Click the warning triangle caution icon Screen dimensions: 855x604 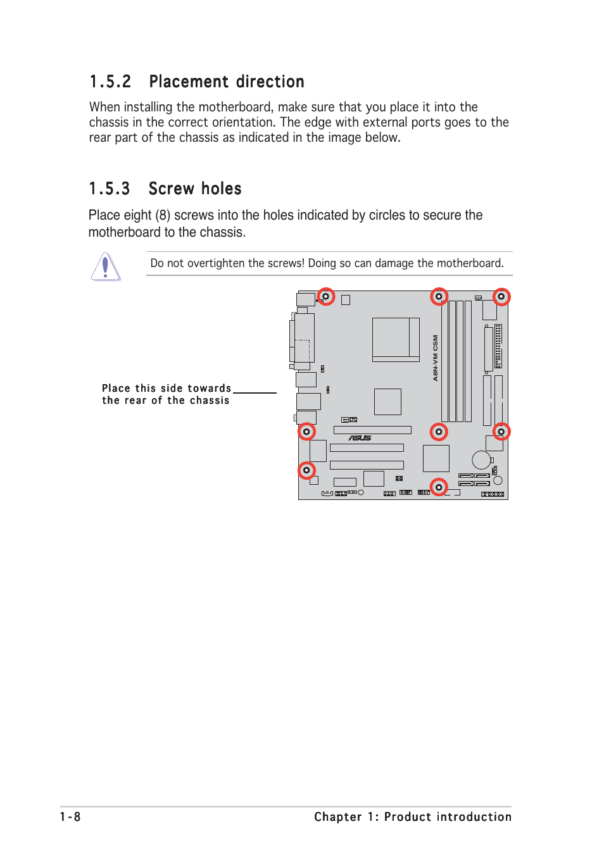tap(106, 266)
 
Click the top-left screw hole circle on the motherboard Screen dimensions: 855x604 tap(326, 296)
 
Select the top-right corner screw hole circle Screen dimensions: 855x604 tap(501, 296)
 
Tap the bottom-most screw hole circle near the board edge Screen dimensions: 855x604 tap(439, 487)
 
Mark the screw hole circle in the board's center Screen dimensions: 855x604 tap(439, 432)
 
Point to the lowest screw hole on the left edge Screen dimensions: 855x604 tap(306, 470)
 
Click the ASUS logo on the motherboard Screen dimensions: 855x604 tap(360, 438)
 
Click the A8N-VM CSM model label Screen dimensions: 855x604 tap(436, 358)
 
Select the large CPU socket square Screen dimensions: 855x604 tap(395, 339)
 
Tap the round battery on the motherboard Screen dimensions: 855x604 tap(481, 460)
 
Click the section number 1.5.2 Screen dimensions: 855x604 tap(110, 82)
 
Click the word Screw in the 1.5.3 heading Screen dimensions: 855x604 tap(171, 189)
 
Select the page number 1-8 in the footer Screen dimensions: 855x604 tap(70, 817)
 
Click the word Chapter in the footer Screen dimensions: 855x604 tap(338, 817)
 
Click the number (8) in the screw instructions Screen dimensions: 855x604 tap(163, 216)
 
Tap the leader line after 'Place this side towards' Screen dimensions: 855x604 tap(255, 392)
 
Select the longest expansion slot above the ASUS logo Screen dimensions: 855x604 tap(372, 430)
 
